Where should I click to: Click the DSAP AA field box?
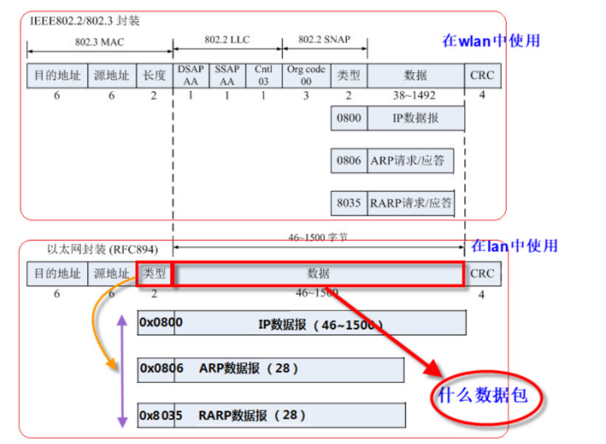click(x=191, y=76)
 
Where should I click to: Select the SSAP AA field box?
click(x=227, y=76)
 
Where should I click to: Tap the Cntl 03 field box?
click(x=262, y=76)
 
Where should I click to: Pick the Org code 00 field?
click(x=306, y=76)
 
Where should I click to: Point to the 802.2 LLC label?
click(x=227, y=40)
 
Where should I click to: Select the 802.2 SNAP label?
click(x=324, y=40)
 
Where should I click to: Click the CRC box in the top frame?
click(x=482, y=76)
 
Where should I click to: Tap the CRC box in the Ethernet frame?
click(x=482, y=273)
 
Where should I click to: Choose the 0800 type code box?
click(x=349, y=119)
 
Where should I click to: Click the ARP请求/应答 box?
click(x=411, y=160)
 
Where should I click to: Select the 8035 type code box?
click(x=349, y=203)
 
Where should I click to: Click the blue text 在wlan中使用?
click(x=491, y=40)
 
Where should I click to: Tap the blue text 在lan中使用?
click(x=514, y=246)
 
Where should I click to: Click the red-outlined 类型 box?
click(x=154, y=273)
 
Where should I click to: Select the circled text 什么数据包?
click(x=483, y=396)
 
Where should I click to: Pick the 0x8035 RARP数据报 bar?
click(x=272, y=416)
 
